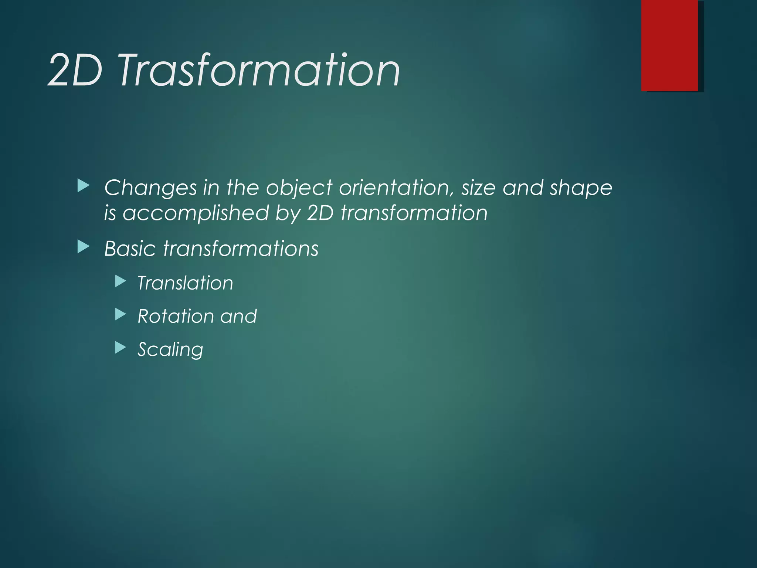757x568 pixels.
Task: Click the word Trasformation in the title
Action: tap(259, 70)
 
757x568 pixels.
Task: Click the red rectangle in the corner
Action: tap(669, 45)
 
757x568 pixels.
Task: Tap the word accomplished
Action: tap(196, 213)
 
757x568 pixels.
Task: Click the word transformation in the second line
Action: tap(414, 213)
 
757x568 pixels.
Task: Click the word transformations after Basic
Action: tap(241, 248)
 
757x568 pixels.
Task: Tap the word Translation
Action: tap(185, 283)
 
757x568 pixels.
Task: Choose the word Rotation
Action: tap(176, 316)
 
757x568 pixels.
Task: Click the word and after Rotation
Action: tap(238, 316)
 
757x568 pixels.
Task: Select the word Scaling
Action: tap(170, 349)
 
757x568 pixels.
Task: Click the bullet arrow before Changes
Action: tap(83, 186)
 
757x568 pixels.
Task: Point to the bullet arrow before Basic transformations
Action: tap(83, 247)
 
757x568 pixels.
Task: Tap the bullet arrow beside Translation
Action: tap(120, 281)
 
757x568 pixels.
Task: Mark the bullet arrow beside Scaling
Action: tap(120, 348)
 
